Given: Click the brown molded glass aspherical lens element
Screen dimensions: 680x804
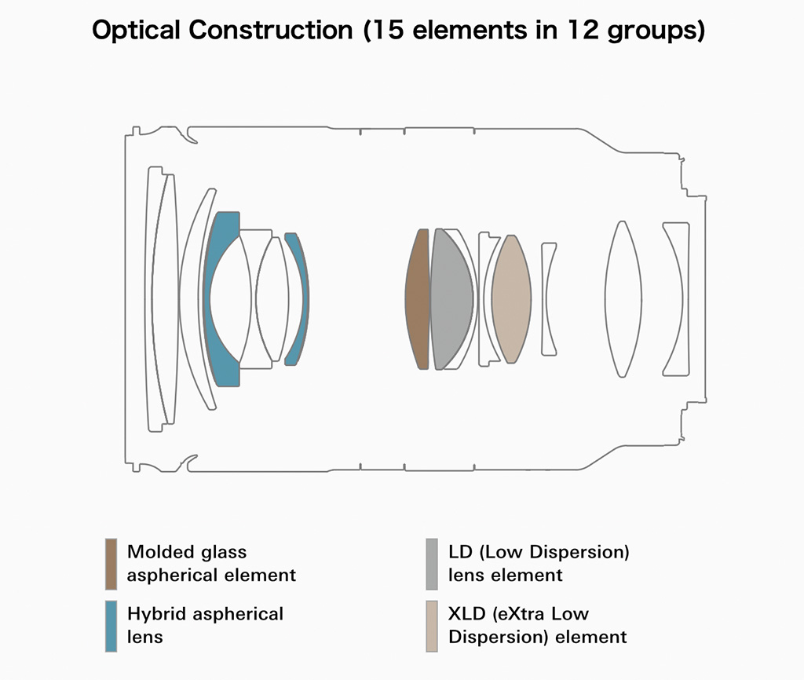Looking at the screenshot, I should point(418,299).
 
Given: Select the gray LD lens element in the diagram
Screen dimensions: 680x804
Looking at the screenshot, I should point(450,299).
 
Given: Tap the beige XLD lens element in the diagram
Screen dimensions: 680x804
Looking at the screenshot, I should point(511,299).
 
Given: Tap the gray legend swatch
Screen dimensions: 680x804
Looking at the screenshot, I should point(432,564).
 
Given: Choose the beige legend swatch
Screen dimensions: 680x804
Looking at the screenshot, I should point(432,626).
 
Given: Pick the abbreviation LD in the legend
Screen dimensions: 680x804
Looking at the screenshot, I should point(460,552).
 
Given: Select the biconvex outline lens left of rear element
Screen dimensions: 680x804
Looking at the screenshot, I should point(623,299).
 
